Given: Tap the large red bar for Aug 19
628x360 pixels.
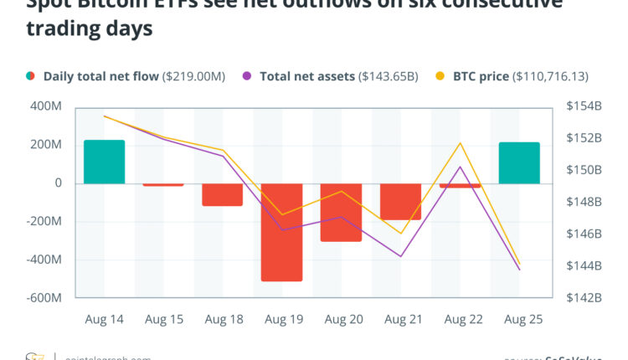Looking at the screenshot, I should [x=281, y=232].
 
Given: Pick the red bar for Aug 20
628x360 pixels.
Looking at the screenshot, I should [x=341, y=212].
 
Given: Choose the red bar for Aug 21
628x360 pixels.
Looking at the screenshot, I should [x=400, y=201].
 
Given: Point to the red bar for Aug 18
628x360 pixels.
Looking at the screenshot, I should [x=222, y=194].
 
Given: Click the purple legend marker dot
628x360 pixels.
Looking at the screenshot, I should [x=247, y=76].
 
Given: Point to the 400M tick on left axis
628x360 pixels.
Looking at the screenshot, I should [x=47, y=107].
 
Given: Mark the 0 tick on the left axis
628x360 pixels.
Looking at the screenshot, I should [x=58, y=183].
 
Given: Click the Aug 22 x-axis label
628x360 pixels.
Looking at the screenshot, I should [x=460, y=319].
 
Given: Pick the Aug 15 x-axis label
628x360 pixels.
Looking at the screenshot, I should [x=163, y=319].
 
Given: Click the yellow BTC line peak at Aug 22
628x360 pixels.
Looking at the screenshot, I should [x=460, y=143].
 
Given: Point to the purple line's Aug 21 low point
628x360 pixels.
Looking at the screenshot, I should [x=400, y=256].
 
